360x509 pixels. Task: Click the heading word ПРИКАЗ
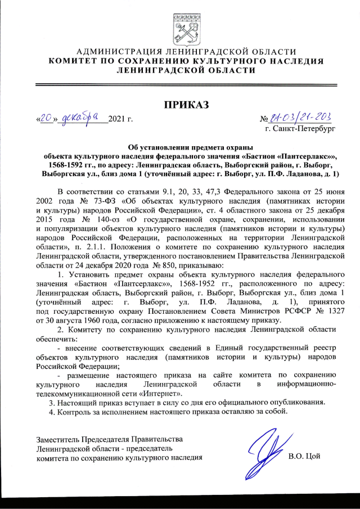[x=186, y=105]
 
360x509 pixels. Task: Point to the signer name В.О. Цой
[x=304, y=456]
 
